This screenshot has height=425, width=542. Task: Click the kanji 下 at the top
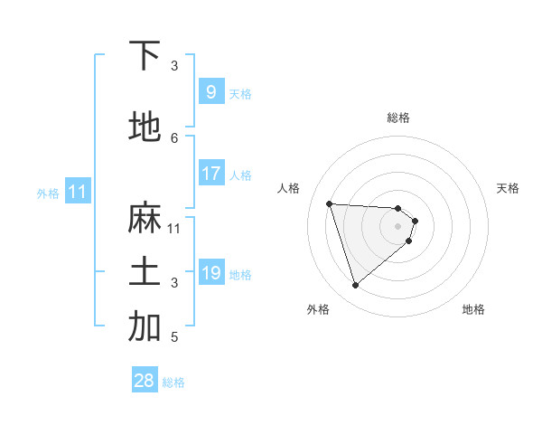(145, 56)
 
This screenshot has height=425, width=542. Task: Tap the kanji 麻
(145, 219)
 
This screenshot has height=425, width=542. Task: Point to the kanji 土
(145, 272)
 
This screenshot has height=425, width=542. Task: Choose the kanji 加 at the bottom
(145, 327)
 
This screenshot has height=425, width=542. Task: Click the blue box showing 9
(210, 92)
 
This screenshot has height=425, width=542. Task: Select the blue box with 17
(210, 174)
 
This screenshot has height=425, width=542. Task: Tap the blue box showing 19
(210, 273)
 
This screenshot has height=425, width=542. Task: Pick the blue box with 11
(78, 192)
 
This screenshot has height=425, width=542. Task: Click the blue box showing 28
(145, 381)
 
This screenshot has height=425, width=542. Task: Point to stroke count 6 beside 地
(174, 137)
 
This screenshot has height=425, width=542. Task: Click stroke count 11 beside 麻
(174, 228)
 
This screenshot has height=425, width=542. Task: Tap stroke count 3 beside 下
(174, 65)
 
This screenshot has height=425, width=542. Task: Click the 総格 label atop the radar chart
(398, 118)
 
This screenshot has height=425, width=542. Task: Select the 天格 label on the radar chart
(508, 188)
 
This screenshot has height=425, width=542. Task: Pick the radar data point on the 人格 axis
(330, 203)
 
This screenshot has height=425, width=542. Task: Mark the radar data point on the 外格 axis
(355, 286)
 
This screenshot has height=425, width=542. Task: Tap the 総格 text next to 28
(173, 382)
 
